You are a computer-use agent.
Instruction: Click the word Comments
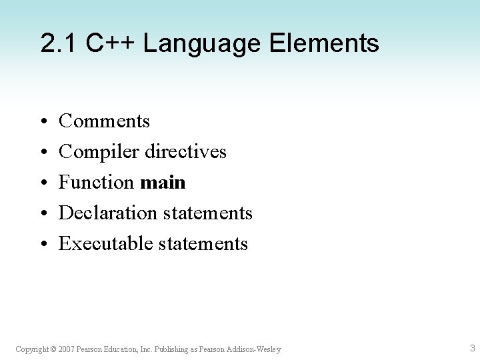click(x=104, y=121)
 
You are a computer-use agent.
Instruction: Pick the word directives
click(x=183, y=152)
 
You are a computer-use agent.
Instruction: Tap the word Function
click(x=97, y=183)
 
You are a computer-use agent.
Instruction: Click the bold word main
click(x=163, y=183)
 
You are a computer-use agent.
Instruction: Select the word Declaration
click(x=106, y=213)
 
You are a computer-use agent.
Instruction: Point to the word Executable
click(x=106, y=244)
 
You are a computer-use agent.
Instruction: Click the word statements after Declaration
click(x=205, y=213)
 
